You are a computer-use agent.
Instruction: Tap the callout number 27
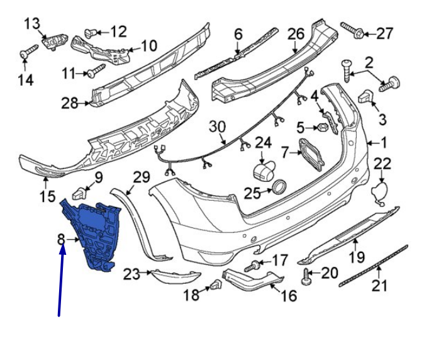pyautogui.click(x=384, y=33)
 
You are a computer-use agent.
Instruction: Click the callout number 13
pyautogui.click(x=31, y=24)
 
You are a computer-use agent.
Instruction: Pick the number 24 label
pyautogui.click(x=263, y=143)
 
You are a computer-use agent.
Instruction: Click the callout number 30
pyautogui.click(x=217, y=127)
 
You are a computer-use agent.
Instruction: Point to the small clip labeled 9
pyautogui.click(x=79, y=192)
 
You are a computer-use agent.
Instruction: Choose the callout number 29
pyautogui.click(x=142, y=177)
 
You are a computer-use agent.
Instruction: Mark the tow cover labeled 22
pyautogui.click(x=379, y=192)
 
